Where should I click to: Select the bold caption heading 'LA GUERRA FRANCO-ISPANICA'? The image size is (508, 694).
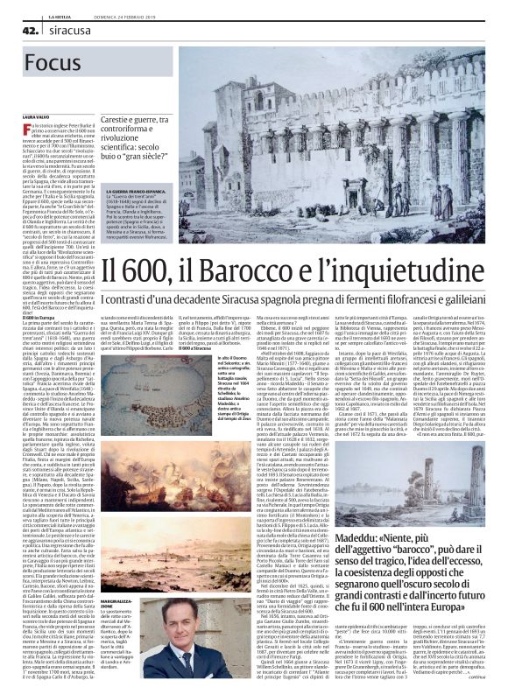tap(138, 191)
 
